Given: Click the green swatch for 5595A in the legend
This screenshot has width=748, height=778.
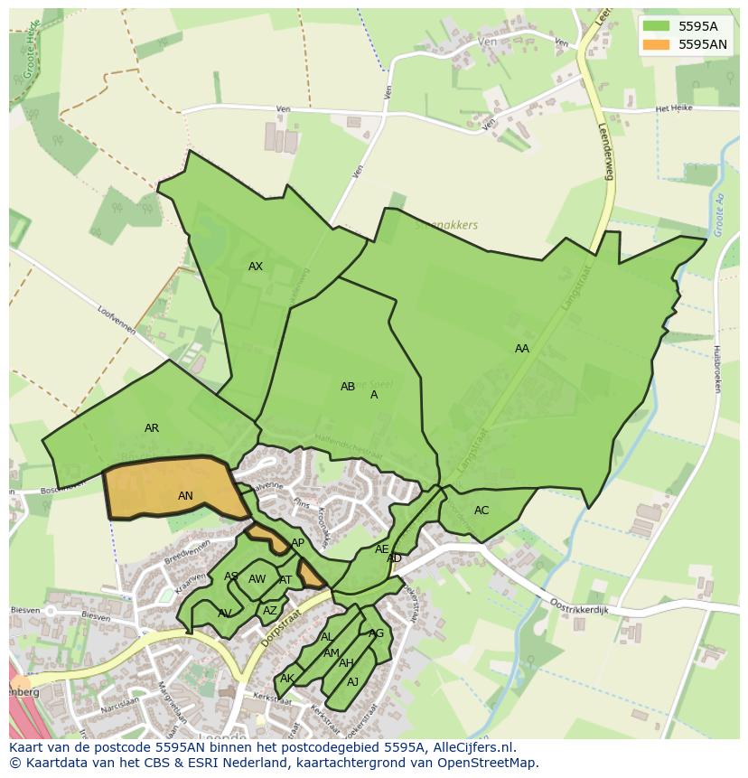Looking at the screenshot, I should tap(657, 26).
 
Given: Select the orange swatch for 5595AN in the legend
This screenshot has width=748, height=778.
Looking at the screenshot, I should tap(657, 44).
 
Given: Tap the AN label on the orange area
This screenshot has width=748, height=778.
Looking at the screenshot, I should tap(185, 496).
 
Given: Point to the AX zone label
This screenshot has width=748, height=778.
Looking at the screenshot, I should tap(256, 267).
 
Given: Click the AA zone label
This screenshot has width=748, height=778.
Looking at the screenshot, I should tap(522, 349).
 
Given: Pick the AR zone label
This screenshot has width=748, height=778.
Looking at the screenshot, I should tap(152, 428).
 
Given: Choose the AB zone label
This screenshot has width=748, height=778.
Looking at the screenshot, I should tap(348, 387).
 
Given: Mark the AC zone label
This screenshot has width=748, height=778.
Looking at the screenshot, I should tap(482, 511).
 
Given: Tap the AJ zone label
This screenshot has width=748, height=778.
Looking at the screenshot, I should tap(353, 681).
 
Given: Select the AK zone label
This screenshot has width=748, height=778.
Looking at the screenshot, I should tap(287, 679).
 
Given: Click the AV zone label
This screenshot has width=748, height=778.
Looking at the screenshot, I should tap(225, 613).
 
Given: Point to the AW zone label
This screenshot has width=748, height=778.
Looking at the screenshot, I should tap(257, 579).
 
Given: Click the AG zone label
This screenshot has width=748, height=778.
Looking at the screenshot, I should tap(377, 633).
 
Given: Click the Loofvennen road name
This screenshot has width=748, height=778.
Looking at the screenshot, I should tap(116, 318).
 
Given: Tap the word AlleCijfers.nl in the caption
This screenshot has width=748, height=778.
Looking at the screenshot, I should tap(471, 747).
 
